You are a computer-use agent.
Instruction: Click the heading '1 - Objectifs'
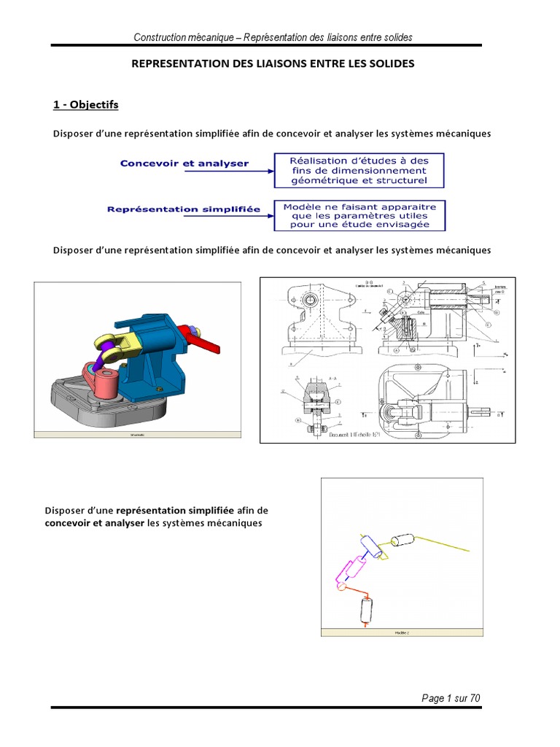pyautogui.click(x=85, y=105)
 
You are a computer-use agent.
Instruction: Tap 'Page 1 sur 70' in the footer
pyautogui.click(x=451, y=698)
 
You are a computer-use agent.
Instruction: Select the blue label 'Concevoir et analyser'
pyautogui.click(x=184, y=164)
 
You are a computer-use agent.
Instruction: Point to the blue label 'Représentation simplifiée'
pyautogui.click(x=184, y=209)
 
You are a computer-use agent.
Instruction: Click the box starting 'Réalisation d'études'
pyautogui.click(x=359, y=170)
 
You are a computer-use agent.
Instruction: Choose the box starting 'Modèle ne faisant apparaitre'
pyautogui.click(x=359, y=216)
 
